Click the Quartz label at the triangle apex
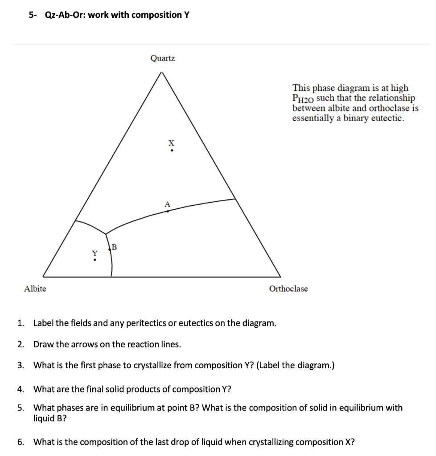(163, 58)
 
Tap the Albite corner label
(35, 289)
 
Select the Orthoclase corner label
(288, 289)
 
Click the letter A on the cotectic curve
(167, 204)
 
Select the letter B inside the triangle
(114, 247)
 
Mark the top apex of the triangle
(163, 72)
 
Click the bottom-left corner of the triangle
(43, 277)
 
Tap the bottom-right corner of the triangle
(280, 277)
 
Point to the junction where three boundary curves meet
(106, 233)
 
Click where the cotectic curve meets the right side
(235, 199)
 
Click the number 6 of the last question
(20, 442)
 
